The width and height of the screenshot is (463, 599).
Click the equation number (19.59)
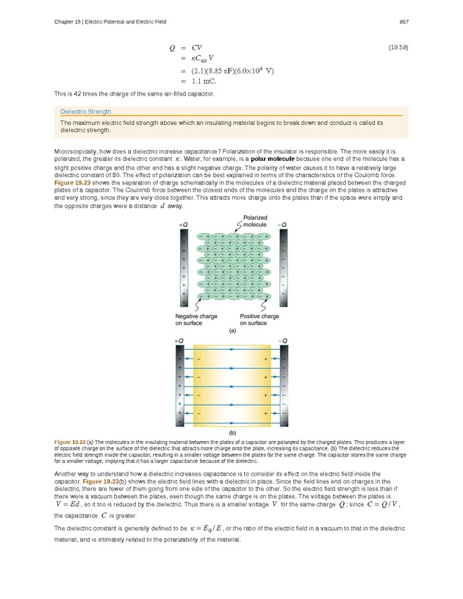tap(398, 47)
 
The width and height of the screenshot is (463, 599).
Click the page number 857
tap(403, 21)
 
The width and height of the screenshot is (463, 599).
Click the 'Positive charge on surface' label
tap(259, 320)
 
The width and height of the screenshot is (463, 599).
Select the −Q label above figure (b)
tap(283, 341)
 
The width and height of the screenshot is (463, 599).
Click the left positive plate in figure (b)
tap(181, 385)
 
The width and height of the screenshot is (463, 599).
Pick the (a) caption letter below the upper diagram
tap(232, 331)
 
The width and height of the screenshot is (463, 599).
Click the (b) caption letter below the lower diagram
tap(232, 434)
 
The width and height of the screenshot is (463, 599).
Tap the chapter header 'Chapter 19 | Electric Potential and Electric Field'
tap(110, 21)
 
